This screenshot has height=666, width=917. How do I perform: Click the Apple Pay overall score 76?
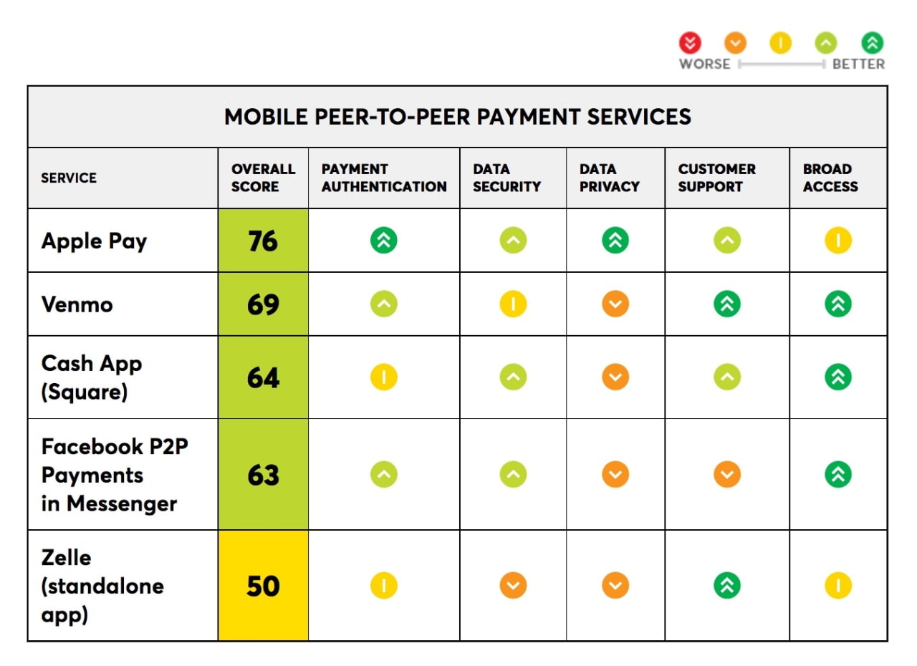(263, 241)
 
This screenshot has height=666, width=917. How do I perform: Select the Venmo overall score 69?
(263, 304)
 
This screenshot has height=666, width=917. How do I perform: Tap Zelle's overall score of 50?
(263, 586)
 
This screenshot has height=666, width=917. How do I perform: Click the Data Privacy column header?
(609, 178)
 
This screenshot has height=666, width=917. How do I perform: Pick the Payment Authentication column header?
(383, 178)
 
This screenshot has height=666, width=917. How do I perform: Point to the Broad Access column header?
(830, 178)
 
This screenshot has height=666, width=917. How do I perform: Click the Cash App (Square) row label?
(92, 377)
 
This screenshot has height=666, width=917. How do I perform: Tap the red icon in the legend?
(690, 43)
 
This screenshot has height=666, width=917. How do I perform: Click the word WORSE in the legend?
(704, 64)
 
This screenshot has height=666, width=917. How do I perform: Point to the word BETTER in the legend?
(858, 64)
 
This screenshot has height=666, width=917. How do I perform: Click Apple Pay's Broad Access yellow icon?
(837, 241)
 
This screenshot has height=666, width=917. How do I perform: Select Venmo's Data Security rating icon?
(512, 304)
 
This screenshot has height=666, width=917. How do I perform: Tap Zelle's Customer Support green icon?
(726, 586)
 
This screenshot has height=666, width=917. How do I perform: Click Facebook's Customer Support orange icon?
(726, 474)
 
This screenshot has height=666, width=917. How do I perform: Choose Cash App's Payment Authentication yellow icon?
(383, 377)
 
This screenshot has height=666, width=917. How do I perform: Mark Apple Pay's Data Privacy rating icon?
(615, 241)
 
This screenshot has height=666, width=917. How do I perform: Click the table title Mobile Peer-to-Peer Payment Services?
(457, 117)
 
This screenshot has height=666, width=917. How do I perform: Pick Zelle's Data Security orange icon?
(512, 586)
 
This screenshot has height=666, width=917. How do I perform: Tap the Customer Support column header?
(716, 178)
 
